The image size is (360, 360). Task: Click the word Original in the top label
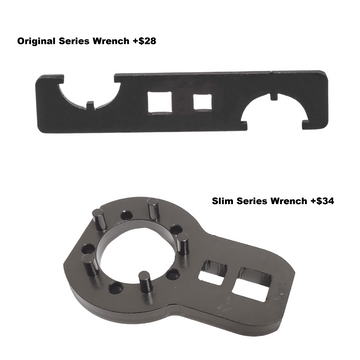click(36, 41)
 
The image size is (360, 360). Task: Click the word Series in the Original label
click(75, 41)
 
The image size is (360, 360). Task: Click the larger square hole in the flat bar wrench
click(160, 103)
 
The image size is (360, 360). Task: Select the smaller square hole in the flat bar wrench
click(202, 102)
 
